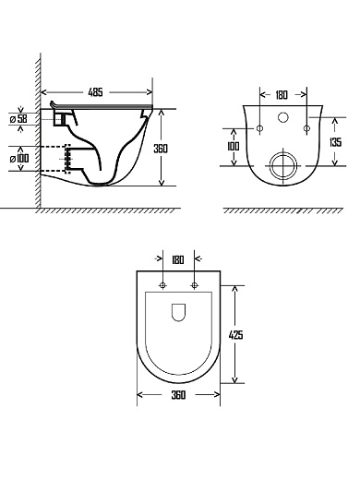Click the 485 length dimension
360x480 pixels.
click(95, 92)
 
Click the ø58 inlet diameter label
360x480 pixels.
click(18, 118)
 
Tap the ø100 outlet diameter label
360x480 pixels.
click(19, 159)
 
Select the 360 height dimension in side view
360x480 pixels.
click(161, 149)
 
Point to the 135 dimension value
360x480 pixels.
click(335, 142)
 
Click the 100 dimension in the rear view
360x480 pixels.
click(233, 146)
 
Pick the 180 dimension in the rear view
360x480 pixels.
click(282, 95)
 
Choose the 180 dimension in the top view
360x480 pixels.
click(178, 260)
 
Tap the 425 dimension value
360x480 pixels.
click(235, 334)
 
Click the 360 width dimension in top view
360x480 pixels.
click(178, 395)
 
